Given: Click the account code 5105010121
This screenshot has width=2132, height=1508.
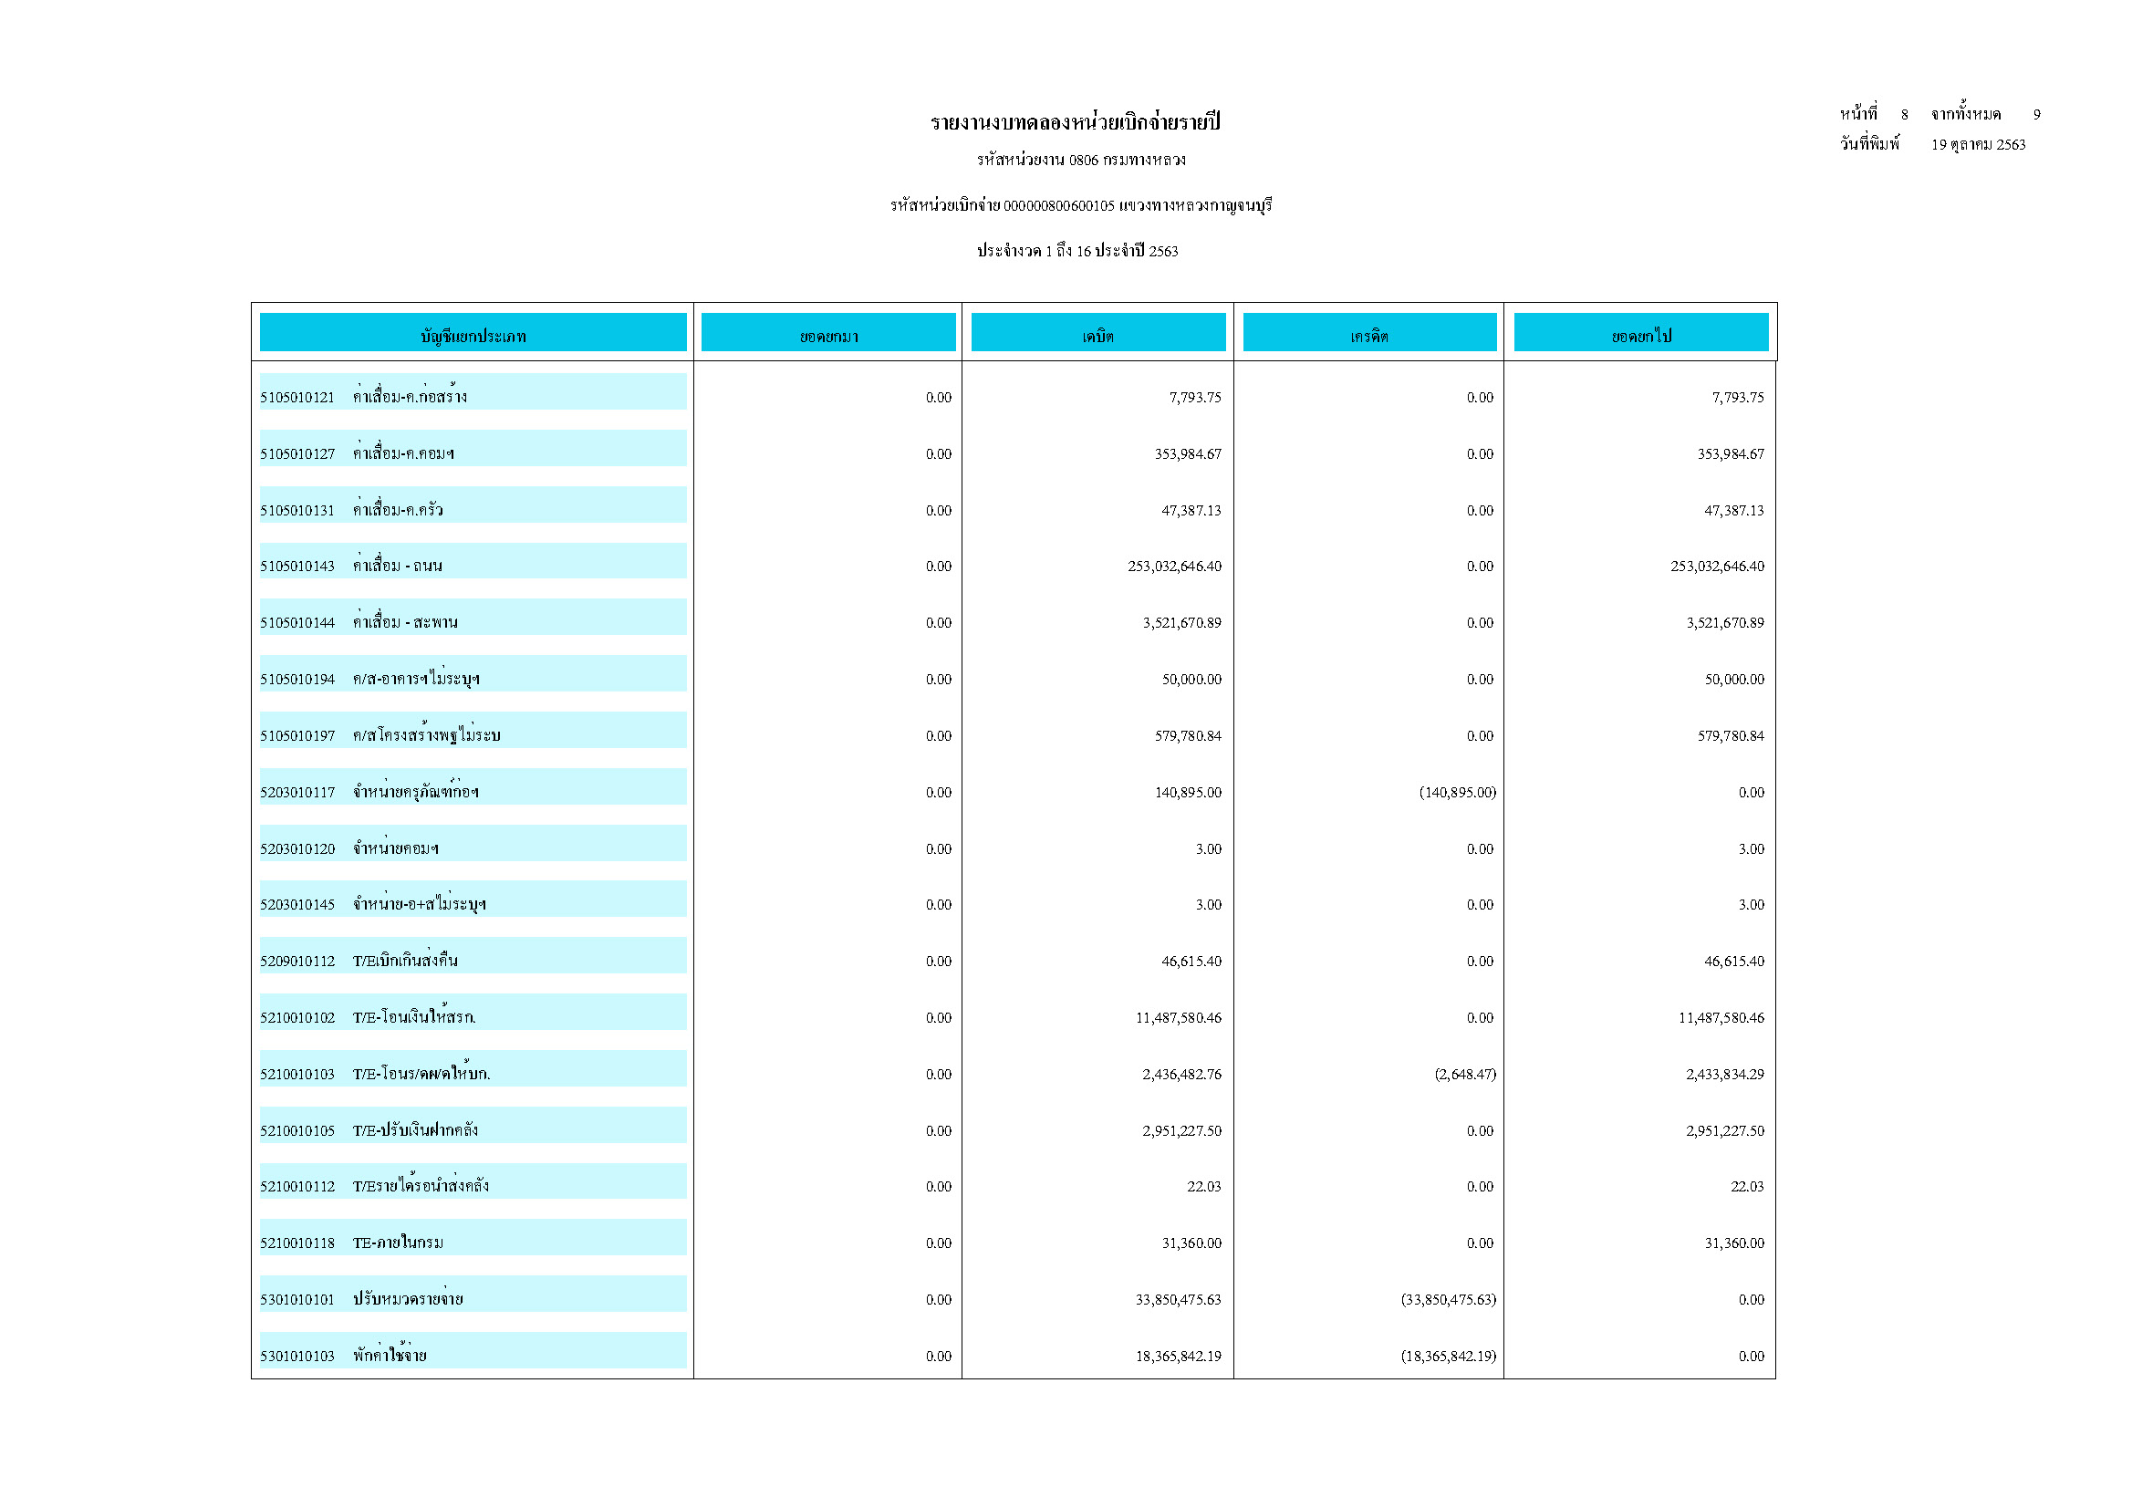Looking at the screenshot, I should coord(297,398).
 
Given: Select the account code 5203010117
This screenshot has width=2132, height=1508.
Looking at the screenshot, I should coord(297,792).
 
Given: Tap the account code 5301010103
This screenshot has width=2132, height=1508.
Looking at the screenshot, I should coord(297,1356).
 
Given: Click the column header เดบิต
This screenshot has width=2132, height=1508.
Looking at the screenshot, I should coord(1097,335).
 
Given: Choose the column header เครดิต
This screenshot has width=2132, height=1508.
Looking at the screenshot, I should coord(1368,335).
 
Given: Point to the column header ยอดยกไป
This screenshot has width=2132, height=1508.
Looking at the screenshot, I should coord(1641,335).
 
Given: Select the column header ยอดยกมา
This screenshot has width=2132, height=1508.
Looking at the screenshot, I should coord(828,335).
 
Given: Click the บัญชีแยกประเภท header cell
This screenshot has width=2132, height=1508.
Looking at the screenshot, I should coord(473,335).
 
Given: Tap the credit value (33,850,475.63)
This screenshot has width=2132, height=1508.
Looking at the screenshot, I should coord(1448,1299).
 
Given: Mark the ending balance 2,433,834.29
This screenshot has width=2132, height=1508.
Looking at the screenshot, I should coord(1724,1075).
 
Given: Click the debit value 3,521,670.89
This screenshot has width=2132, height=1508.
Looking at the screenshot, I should coord(1181,622).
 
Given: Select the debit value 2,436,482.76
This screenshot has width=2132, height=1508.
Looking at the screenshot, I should coord(1181,1075).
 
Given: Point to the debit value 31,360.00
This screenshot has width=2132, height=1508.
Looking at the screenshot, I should coord(1191,1243).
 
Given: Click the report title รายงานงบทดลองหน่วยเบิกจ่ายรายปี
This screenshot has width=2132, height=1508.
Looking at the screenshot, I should coord(1076,122).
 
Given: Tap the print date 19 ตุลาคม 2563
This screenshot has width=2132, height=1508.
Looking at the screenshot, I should coord(1978,145).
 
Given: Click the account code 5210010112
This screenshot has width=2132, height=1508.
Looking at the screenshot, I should coord(297,1186).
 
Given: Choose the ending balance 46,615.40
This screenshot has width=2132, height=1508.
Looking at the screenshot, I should coord(1733,961).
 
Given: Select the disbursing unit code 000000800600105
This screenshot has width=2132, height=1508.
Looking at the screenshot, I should coord(1058,205).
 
